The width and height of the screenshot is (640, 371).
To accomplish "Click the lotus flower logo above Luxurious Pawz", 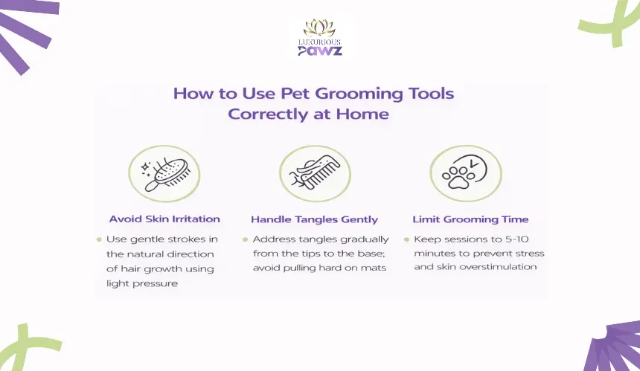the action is tap(319, 28).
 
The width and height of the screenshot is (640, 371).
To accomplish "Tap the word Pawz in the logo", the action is tap(319, 51).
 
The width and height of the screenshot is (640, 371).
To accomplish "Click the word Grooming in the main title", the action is tap(359, 94).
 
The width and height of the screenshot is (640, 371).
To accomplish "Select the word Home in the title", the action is tap(362, 114).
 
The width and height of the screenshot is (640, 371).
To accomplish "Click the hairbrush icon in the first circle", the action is tap(168, 175).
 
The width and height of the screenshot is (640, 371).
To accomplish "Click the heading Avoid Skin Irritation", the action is tap(164, 219).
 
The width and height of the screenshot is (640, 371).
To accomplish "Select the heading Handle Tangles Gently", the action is tap(314, 220).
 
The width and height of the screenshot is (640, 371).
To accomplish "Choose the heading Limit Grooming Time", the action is tap(470, 220).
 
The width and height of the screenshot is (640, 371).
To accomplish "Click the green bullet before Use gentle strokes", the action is tap(99, 239).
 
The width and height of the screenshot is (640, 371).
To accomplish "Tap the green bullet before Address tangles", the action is tap(245, 239).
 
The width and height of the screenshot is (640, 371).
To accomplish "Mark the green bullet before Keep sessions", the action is tap(406, 239).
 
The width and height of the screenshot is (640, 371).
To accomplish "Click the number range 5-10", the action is tap(516, 239).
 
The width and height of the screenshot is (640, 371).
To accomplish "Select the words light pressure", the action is tap(142, 284).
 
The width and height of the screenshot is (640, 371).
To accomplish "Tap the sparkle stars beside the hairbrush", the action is tap(146, 168).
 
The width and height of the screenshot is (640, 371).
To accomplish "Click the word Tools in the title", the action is tap(432, 94).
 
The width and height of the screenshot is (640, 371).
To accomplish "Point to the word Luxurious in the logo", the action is tap(319, 42).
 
